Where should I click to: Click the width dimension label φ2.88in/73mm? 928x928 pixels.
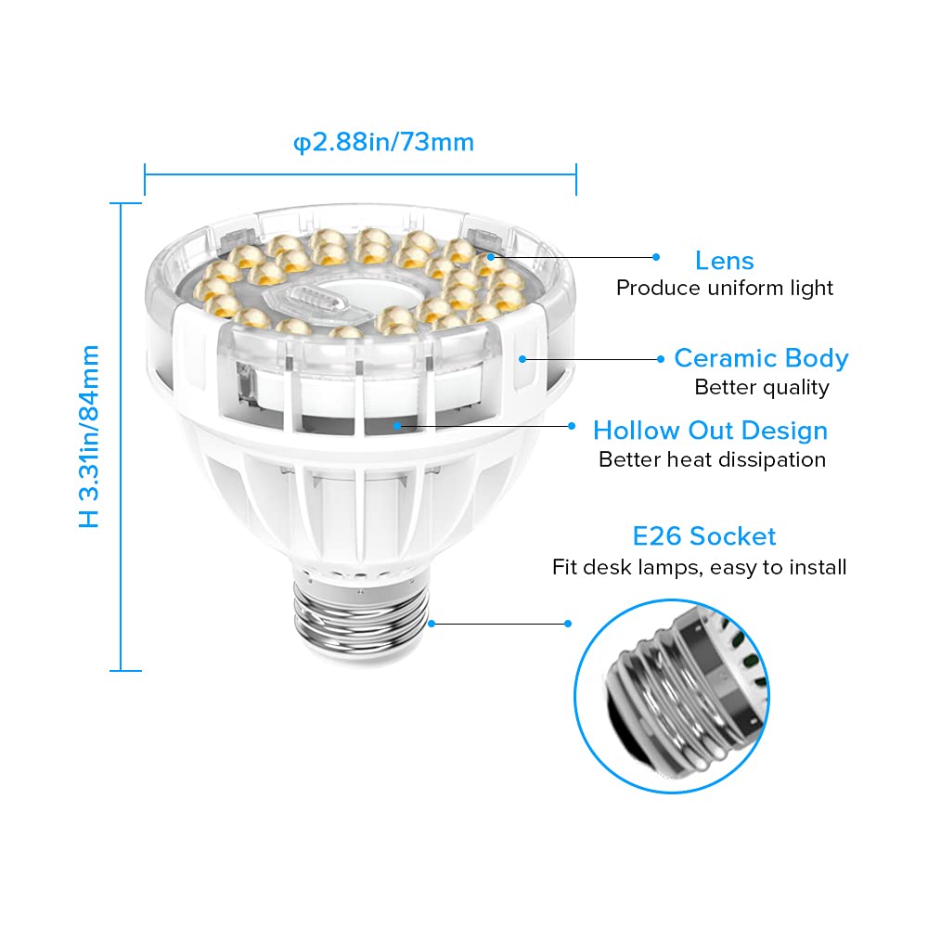pyautogui.click(x=383, y=142)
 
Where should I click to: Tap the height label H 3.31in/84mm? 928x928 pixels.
pyautogui.click(x=90, y=436)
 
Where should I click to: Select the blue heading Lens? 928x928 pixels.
pyautogui.click(x=724, y=261)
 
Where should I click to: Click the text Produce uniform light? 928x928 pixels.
pyautogui.click(x=725, y=289)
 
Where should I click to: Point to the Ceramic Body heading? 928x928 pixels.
pyautogui.click(x=761, y=358)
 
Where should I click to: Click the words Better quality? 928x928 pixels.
pyautogui.click(x=761, y=387)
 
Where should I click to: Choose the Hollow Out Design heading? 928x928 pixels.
pyautogui.click(x=710, y=431)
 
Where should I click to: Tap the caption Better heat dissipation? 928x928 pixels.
pyautogui.click(x=712, y=459)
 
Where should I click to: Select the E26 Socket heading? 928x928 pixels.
pyautogui.click(x=704, y=536)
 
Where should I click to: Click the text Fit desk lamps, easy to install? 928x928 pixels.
pyautogui.click(x=699, y=567)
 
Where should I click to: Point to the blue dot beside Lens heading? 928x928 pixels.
pyautogui.click(x=656, y=257)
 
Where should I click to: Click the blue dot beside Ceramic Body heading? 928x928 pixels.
pyautogui.click(x=662, y=358)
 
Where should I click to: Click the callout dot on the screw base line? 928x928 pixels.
pyautogui.click(x=568, y=624)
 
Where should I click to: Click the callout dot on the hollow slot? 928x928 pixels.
pyautogui.click(x=397, y=426)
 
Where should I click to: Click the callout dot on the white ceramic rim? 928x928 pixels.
pyautogui.click(x=522, y=358)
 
